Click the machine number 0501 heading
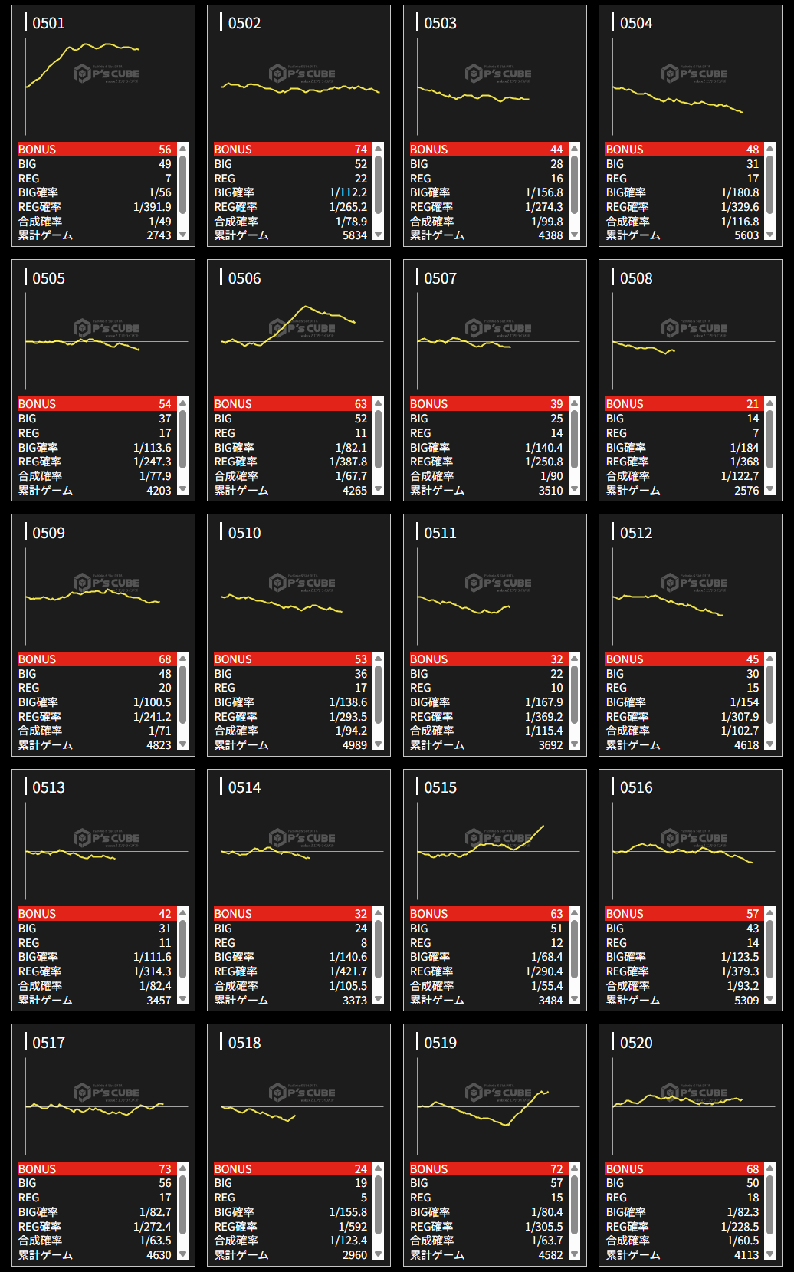point(48,23)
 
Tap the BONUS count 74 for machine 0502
point(360,150)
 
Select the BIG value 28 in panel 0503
point(556,164)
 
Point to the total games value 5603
point(746,235)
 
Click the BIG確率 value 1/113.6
point(152,448)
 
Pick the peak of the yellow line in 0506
point(307,307)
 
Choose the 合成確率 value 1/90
point(551,476)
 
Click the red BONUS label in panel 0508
point(625,404)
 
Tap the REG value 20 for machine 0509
point(165,688)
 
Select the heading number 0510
point(244,533)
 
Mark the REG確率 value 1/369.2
point(543,717)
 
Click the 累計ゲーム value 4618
point(746,745)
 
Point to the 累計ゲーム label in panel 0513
point(45,1000)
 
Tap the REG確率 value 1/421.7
point(348,971)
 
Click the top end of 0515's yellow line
point(543,826)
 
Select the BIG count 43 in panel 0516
point(752,929)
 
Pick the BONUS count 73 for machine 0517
point(165,1169)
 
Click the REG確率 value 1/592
point(353,1227)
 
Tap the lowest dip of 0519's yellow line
point(507,1126)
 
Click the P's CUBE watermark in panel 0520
point(694,1093)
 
